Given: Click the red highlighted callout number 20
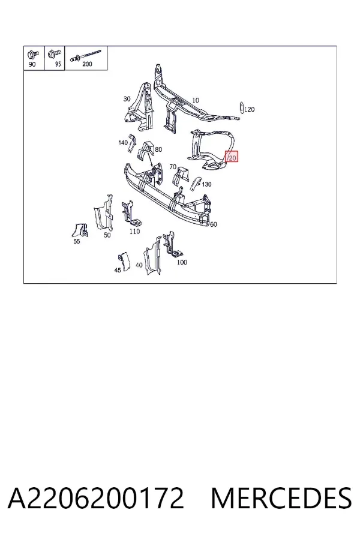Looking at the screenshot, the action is [x=232, y=157].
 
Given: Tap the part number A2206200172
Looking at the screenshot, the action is [x=96, y=498].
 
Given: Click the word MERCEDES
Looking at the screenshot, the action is [x=281, y=498].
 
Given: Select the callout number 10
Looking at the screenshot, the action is [x=196, y=100].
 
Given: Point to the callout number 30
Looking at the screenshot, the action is [x=127, y=99].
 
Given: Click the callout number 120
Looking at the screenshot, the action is [x=250, y=109].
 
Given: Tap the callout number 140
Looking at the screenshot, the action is [x=123, y=142].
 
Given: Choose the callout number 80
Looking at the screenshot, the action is [x=158, y=149].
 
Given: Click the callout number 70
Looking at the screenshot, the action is [x=173, y=167].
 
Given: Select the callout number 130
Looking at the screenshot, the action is [x=206, y=184].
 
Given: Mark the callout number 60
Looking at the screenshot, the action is [x=214, y=224].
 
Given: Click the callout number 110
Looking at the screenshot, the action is [x=134, y=232].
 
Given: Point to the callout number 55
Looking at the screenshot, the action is [x=76, y=241].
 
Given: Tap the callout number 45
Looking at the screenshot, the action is [x=118, y=270].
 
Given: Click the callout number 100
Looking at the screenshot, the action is [x=182, y=262].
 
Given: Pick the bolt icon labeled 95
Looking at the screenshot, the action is [x=55, y=53].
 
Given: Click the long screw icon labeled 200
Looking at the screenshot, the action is [x=86, y=55].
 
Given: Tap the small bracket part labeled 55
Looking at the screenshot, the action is [x=80, y=230].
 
